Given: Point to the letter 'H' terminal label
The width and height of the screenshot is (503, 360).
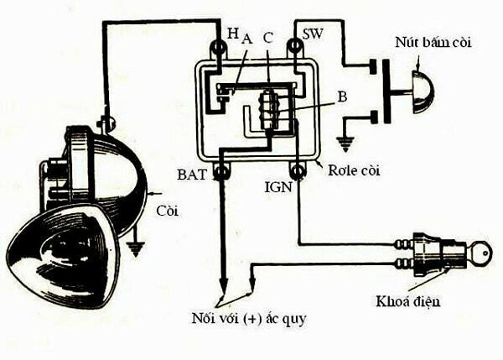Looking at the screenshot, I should (232, 33).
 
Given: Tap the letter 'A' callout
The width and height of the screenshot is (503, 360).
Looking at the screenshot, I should (246, 38).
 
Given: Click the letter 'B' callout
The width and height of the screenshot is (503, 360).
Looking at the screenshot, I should (341, 96).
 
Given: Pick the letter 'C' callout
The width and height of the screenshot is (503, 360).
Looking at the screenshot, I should (267, 38).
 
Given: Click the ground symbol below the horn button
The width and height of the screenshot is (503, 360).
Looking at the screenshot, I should (344, 143).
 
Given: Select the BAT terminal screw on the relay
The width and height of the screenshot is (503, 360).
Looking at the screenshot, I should (222, 173).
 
